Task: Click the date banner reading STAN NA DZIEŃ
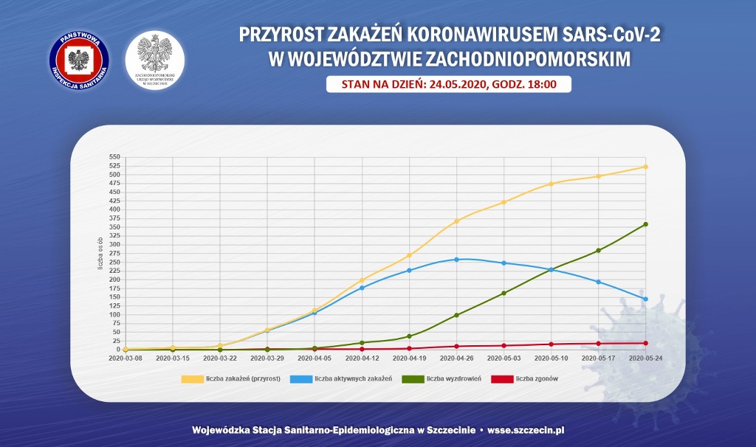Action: click(449, 84)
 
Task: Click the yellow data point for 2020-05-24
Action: click(645, 167)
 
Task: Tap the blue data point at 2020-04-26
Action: click(456, 260)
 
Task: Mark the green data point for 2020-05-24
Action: click(645, 224)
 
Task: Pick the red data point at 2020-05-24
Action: click(645, 343)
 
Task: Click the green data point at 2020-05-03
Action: click(504, 293)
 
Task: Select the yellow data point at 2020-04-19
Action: click(409, 256)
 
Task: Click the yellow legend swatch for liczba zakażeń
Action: click(192, 379)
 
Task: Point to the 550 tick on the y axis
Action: click(114, 157)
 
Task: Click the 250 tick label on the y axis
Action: click(114, 262)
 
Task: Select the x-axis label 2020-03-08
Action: click(126, 358)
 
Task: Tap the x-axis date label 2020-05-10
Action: click(551, 358)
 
